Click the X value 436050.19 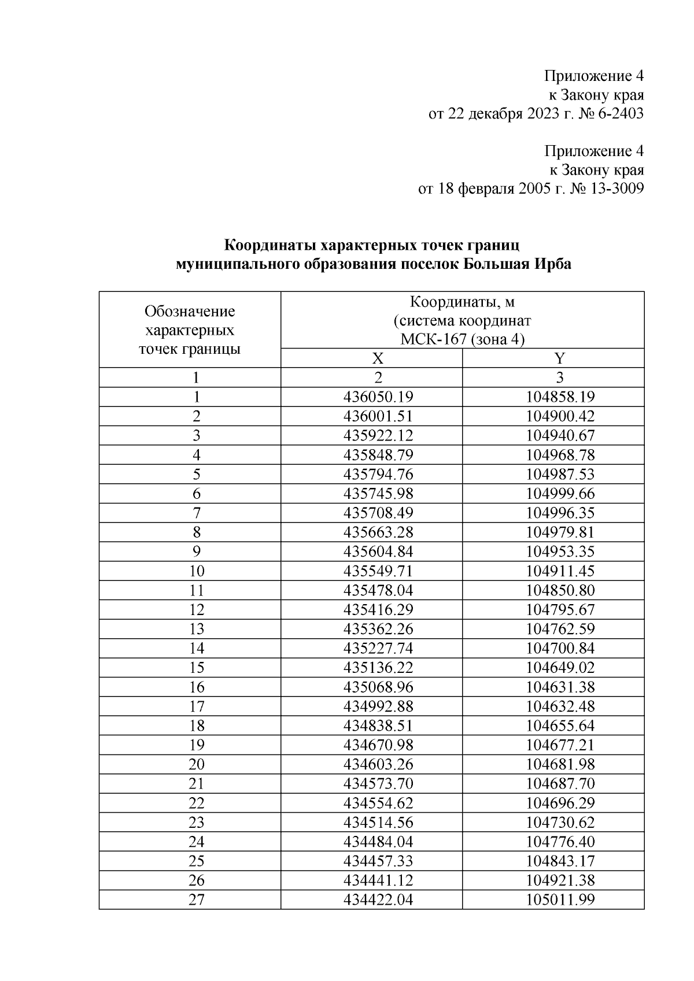pos(378,397)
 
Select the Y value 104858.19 pos(560,397)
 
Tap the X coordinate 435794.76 pos(378,475)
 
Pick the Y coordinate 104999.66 pos(560,494)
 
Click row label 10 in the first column pos(197,571)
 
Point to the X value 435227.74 pos(378,649)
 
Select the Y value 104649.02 pos(560,668)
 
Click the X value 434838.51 pos(378,726)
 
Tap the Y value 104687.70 pos(560,784)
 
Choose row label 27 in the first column pos(197,900)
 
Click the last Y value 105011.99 pos(560,900)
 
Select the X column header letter pos(378,358)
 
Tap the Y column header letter pos(559,358)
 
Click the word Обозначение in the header pos(190,312)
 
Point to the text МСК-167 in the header pos(433,339)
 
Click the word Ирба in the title pos(553,264)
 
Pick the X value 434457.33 pos(378,861)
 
